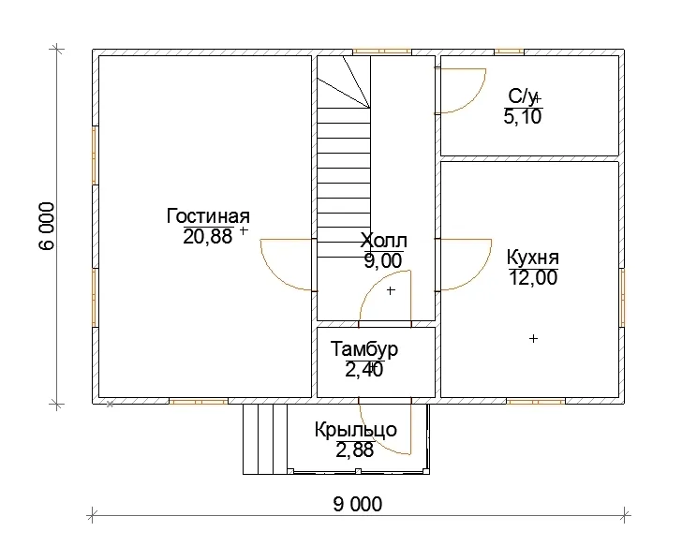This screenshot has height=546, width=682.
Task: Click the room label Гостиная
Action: click(x=208, y=216)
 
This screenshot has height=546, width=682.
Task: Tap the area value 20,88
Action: click(x=208, y=237)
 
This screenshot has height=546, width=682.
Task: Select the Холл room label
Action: click(x=384, y=241)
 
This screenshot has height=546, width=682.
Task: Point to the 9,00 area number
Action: click(x=383, y=261)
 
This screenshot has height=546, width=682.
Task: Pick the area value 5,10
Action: click(x=523, y=116)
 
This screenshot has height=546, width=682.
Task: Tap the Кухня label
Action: click(x=533, y=258)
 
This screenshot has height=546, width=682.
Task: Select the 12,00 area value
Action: click(x=533, y=277)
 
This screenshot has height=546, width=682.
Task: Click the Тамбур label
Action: click(x=364, y=349)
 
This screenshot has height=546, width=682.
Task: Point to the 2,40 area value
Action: click(x=364, y=370)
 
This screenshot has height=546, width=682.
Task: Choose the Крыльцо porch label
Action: click(x=356, y=430)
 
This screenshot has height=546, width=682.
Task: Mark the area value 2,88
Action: click(x=354, y=450)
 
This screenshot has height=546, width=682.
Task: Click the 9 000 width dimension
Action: click(x=358, y=504)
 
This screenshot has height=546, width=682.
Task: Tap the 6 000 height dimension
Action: click(x=48, y=226)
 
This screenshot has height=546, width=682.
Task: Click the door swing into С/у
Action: click(x=474, y=101)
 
